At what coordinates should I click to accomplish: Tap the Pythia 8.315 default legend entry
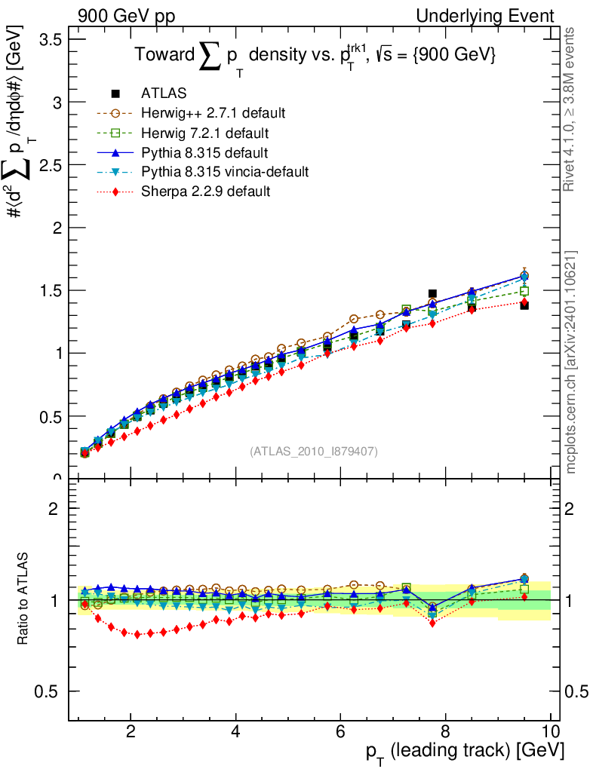tap(204, 152)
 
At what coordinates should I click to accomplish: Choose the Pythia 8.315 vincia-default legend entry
tap(225, 172)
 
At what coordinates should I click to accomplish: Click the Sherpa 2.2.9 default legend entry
tap(206, 191)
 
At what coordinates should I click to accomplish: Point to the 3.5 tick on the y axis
tap(50, 39)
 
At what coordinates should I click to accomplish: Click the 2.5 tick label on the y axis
tap(50, 164)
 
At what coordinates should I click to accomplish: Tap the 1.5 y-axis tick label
tap(50, 290)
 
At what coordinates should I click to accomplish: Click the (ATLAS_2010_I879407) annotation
tap(314, 451)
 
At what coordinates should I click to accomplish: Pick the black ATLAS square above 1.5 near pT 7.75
tap(432, 294)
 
